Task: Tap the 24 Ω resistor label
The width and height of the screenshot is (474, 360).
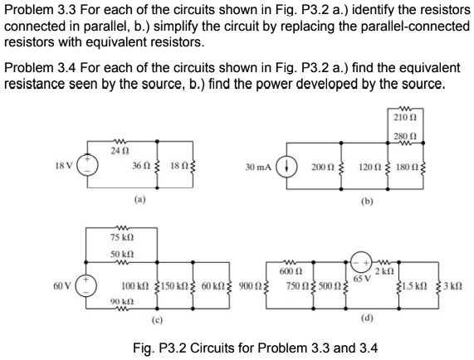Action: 122,148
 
